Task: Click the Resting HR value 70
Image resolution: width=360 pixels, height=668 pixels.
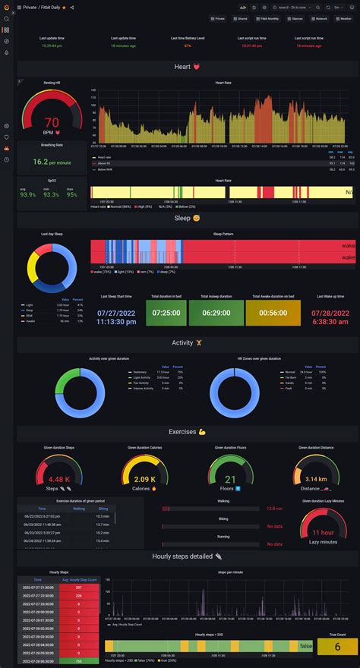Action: tap(52, 122)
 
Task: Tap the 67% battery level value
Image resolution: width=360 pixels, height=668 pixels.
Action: tap(188, 46)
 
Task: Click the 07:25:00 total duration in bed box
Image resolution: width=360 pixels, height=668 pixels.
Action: tap(166, 313)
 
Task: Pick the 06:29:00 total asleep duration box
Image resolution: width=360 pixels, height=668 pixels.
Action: tap(216, 313)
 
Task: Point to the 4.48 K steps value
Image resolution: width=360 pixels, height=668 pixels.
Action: tap(58, 479)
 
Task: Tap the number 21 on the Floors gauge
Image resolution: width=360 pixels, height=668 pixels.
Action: tap(230, 479)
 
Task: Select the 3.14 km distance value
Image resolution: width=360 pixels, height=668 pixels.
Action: tap(316, 479)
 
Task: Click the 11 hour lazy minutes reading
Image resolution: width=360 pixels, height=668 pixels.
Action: tap(324, 532)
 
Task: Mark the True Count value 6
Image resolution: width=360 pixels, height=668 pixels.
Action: tap(338, 646)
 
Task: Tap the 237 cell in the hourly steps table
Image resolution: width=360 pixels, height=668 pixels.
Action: tap(79, 587)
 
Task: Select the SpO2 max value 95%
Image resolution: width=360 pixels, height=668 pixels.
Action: tap(72, 194)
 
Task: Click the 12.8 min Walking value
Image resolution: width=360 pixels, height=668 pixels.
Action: tap(274, 509)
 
